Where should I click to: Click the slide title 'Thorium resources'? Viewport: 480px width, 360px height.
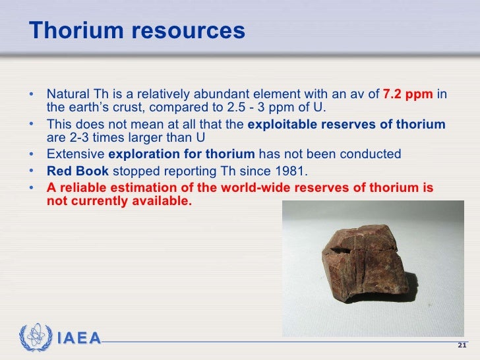pos(137,31)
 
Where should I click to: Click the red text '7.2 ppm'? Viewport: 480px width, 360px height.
pos(407,94)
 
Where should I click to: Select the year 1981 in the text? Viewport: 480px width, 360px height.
pos(293,171)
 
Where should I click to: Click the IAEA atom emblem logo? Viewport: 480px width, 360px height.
pos(35,338)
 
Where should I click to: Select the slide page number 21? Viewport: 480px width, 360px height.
pos(462,346)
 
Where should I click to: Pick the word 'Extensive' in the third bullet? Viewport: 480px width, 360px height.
pos(75,154)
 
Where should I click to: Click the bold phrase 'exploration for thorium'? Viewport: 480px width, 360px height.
pos(181,154)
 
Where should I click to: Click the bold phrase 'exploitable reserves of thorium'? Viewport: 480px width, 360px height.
pos(346,125)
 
